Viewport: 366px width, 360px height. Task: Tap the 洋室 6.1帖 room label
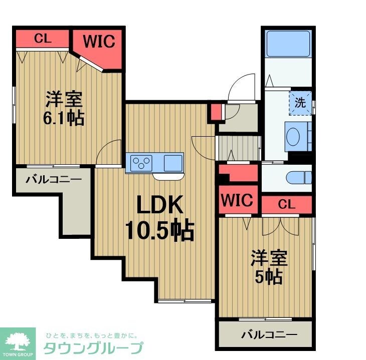(x=64, y=108)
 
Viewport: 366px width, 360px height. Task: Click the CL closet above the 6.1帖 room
(x=43, y=39)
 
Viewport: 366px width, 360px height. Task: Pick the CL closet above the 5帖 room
(x=286, y=204)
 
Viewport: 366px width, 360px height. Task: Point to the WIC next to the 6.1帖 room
(x=99, y=42)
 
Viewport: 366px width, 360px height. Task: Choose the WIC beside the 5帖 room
(x=237, y=200)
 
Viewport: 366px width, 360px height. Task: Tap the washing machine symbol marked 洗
(x=300, y=103)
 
